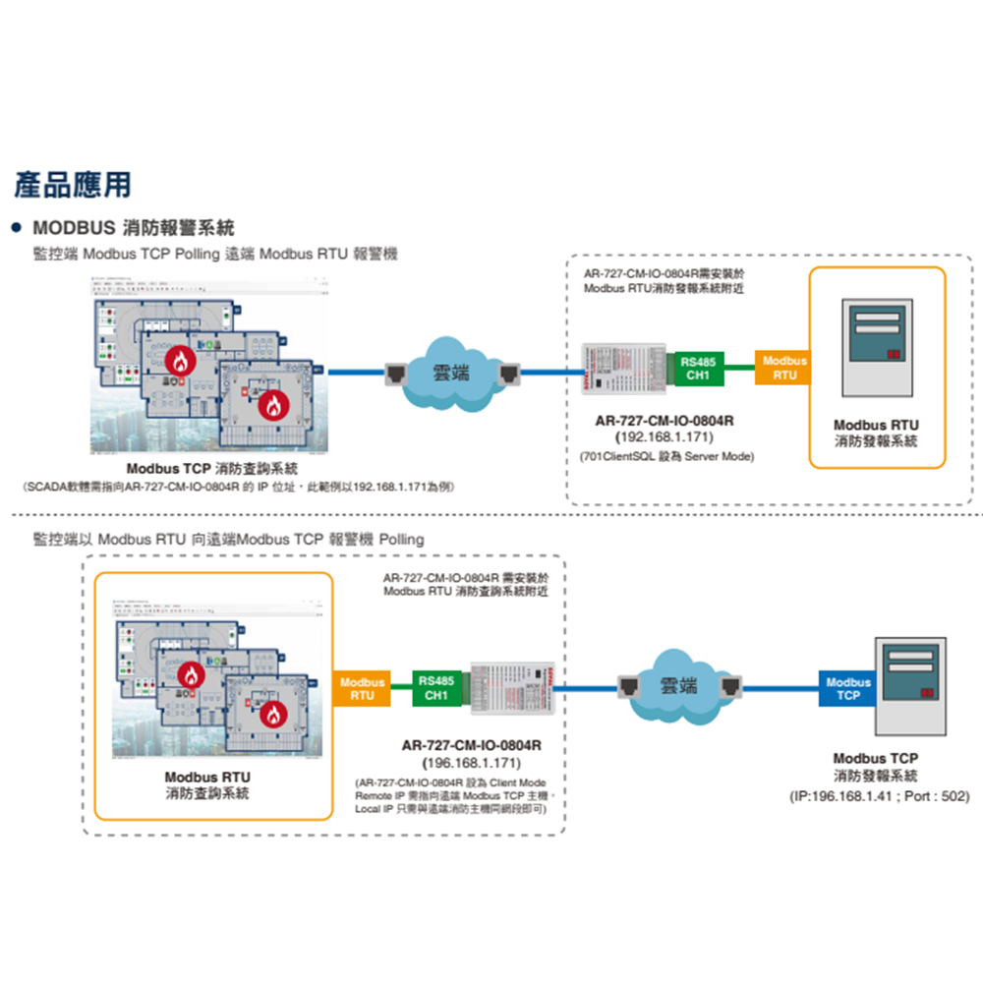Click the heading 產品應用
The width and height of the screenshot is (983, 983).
point(73,184)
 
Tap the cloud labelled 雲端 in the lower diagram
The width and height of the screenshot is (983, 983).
point(677,685)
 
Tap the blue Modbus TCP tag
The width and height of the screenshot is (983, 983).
point(847,688)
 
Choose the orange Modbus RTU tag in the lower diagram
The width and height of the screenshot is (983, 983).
point(362,688)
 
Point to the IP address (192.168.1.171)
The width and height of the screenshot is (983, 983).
point(664,436)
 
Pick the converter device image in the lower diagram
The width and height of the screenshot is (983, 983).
point(513,688)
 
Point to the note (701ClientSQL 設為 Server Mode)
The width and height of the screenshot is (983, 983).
point(665,456)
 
